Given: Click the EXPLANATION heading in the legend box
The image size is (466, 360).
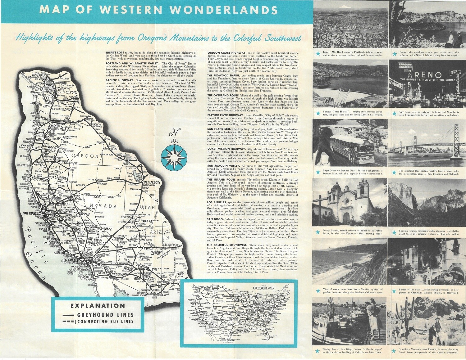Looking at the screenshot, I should pyautogui.click(x=98, y=306).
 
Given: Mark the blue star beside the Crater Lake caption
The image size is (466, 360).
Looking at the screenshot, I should pyautogui.click(x=394, y=54).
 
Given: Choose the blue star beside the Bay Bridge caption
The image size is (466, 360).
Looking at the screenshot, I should pyautogui.click(x=394, y=172).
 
